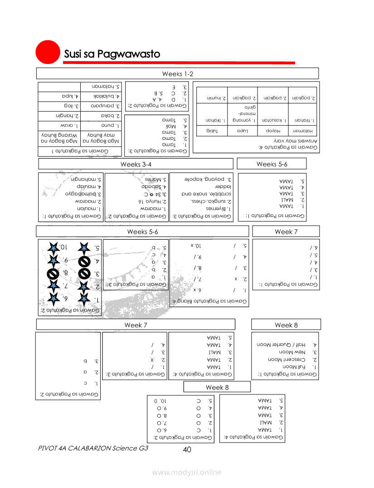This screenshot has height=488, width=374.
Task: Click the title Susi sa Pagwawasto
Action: (x=112, y=54)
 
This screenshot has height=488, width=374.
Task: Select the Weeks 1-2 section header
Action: (x=178, y=74)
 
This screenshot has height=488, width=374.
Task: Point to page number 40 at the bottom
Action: (x=187, y=449)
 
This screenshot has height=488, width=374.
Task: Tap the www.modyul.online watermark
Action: (x=187, y=473)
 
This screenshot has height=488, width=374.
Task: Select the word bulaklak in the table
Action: (x=106, y=96)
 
